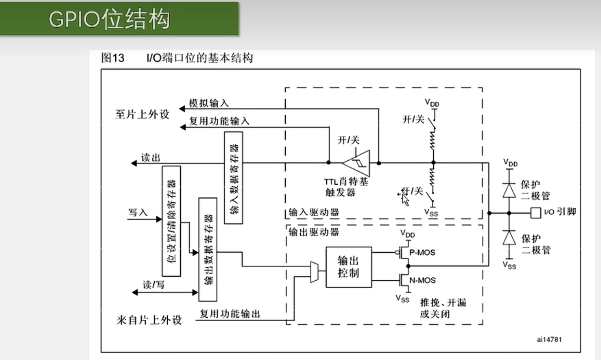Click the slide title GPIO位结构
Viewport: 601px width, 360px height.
tap(109, 19)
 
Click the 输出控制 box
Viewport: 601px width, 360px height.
tap(348, 267)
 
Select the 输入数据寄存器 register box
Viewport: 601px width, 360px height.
tap(233, 178)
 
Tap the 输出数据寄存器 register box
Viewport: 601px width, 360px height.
tap(208, 249)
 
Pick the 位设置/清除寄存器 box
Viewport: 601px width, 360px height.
tap(171, 221)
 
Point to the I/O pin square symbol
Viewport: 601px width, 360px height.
tap(535, 213)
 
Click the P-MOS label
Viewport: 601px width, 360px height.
tap(422, 253)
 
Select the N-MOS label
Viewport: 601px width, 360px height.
tap(423, 280)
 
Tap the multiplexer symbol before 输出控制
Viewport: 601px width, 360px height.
tap(314, 272)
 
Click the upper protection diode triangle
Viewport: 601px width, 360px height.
tap(509, 191)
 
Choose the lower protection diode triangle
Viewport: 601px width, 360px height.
tap(509, 238)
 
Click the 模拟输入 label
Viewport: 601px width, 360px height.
tap(209, 103)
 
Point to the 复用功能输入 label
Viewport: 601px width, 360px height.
tap(219, 121)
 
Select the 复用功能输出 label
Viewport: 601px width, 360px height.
tap(230, 314)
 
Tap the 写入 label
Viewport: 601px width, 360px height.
tap(138, 212)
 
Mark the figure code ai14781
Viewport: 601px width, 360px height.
tap(549, 339)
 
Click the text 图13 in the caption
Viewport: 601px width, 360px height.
tap(113, 58)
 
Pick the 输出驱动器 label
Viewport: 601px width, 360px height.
tap(314, 232)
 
